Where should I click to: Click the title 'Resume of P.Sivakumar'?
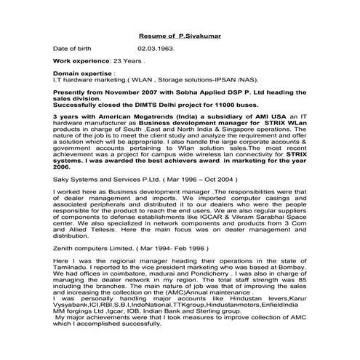point(179,34)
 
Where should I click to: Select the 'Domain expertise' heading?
point(83,75)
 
